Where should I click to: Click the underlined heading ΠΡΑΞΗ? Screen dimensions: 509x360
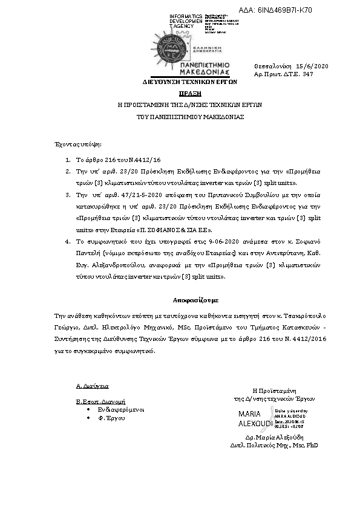pyautogui.click(x=189, y=94)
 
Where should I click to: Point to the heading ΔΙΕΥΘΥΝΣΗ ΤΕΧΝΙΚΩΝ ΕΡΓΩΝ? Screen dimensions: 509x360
pyautogui.click(x=189, y=81)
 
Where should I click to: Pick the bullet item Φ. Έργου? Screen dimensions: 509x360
pyautogui.click(x=111, y=418)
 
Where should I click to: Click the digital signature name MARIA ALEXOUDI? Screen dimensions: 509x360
pyautogui.click(x=250, y=418)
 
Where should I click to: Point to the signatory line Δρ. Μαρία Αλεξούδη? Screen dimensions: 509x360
pyautogui.click(x=273, y=436)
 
